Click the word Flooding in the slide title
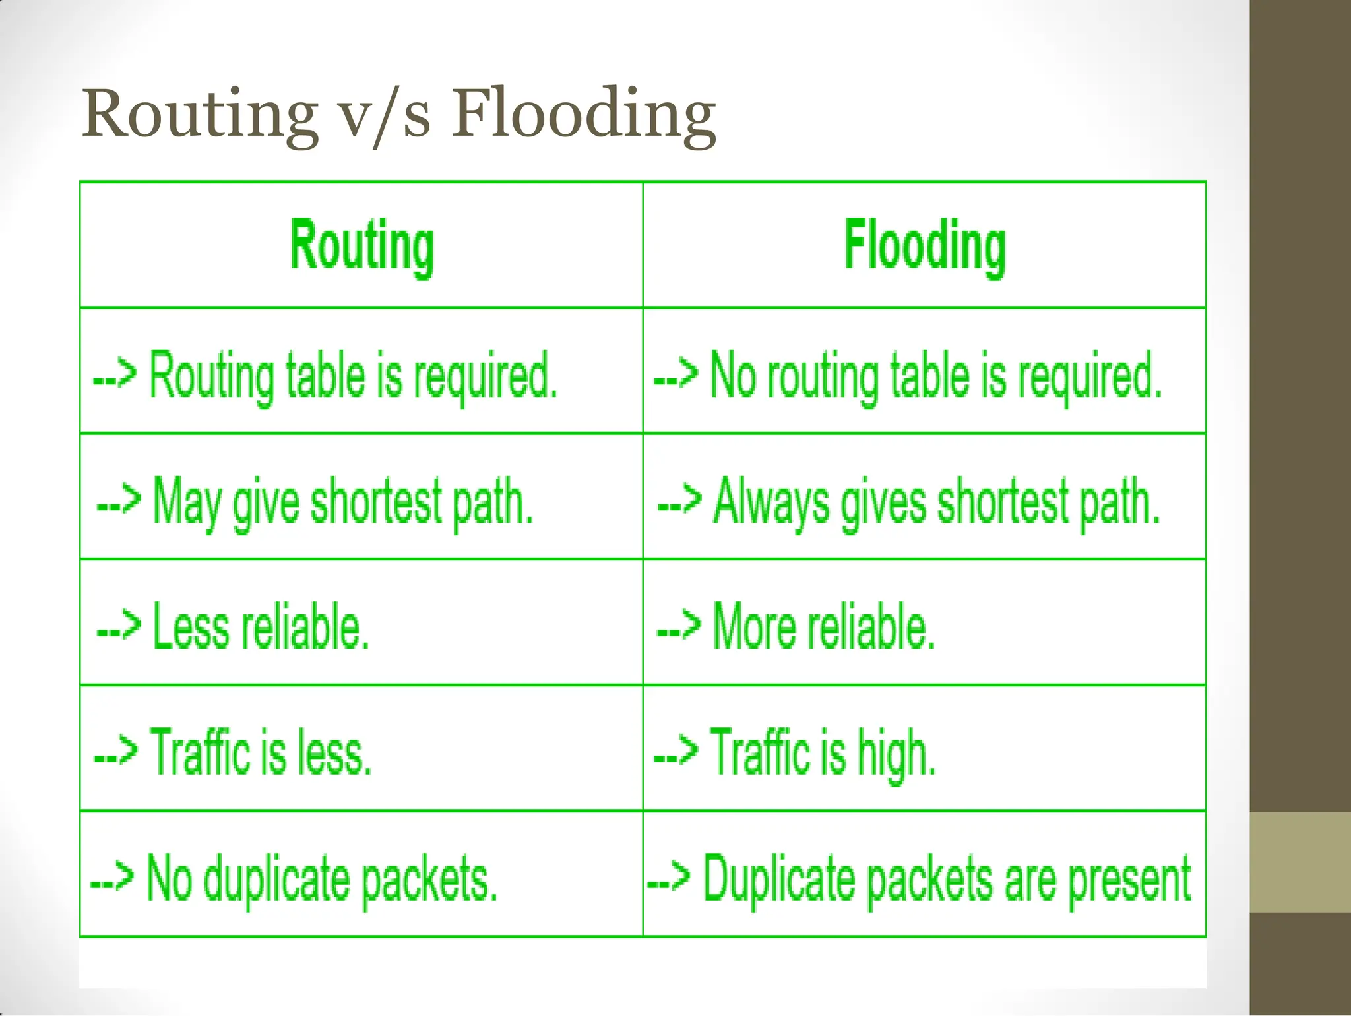pos(583,113)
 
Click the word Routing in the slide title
pos(199,113)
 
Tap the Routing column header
pos(361,245)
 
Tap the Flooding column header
pos(925,245)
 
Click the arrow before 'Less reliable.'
pos(119,626)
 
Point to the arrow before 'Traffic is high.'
pos(675,751)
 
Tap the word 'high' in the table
pos(896,754)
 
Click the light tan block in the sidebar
pos(1300,862)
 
